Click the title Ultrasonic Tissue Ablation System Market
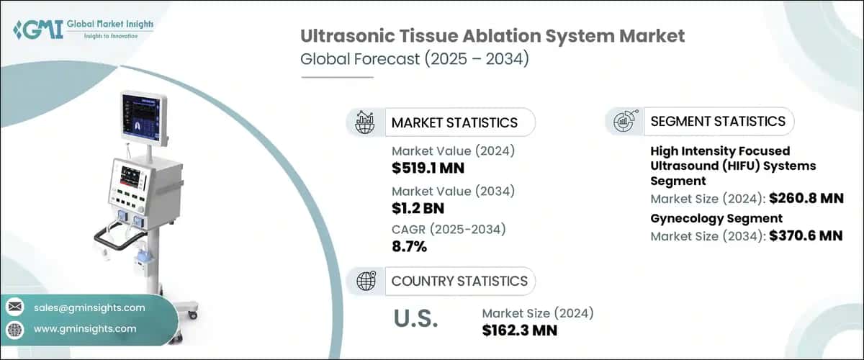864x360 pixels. pos(492,35)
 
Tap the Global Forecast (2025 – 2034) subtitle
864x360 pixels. pos(415,59)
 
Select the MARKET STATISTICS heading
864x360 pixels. pos(454,122)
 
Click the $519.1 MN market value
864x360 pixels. pos(428,168)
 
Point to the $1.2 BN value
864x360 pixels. pos(418,209)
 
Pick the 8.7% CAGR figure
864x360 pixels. pos(409,247)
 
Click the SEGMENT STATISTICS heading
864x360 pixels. pos(718,122)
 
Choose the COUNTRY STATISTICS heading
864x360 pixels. pos(459,281)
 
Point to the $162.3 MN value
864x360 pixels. pos(519,330)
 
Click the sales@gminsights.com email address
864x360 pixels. pos(89,307)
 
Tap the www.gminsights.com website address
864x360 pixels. pos(85,329)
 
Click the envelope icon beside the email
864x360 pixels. pos(14,307)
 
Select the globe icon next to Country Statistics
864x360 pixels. pos(366,281)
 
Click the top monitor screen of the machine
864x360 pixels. pos(143,117)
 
